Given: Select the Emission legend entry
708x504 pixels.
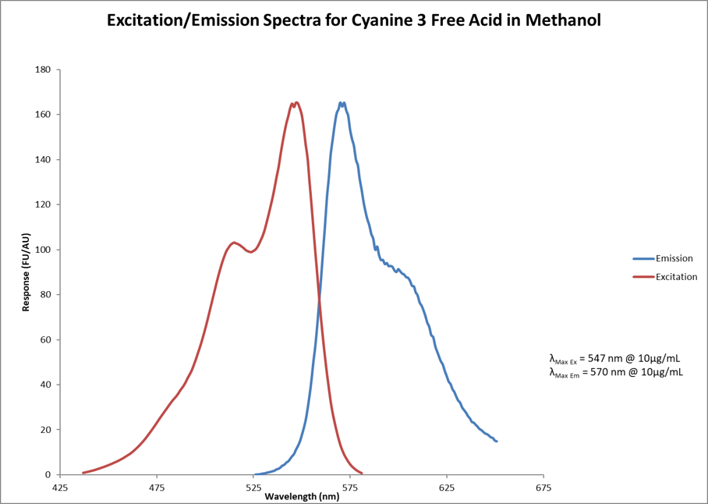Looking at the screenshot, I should click(674, 259).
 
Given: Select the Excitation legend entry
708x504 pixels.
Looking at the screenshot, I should click(676, 277).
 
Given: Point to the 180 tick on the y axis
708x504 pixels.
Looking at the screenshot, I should click(42, 70).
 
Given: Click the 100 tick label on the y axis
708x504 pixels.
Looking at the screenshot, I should click(42, 250).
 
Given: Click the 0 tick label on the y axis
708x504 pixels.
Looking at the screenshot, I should click(48, 474).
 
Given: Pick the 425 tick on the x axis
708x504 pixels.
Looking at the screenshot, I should click(60, 488).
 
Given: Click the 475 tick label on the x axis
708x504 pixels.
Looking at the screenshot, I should click(157, 488).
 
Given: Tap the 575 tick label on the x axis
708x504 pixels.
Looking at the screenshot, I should click(350, 488).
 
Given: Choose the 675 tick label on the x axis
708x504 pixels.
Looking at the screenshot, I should click(543, 488).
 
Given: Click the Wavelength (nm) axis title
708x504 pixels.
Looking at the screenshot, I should click(301, 496).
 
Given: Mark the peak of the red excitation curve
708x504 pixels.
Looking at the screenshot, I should click(296, 102).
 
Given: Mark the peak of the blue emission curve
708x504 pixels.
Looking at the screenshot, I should click(342, 102).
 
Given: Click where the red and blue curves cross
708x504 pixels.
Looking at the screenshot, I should click(320, 299).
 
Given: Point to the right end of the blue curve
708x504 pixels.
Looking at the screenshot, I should click(497, 441).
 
